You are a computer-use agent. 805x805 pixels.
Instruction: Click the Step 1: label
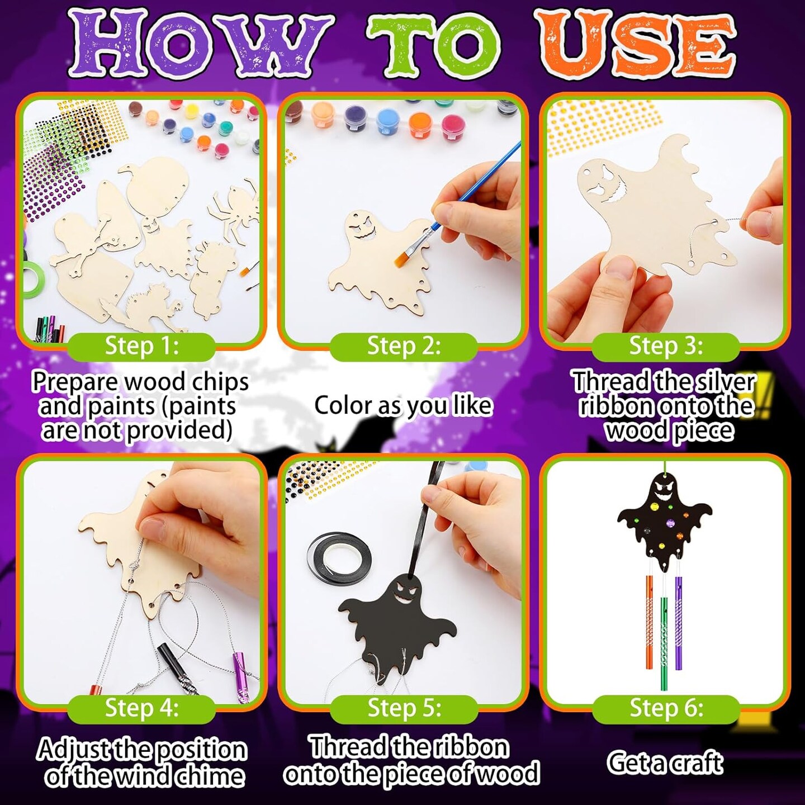pyautogui.click(x=141, y=346)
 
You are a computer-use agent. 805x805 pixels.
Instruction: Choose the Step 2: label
pyautogui.click(x=404, y=346)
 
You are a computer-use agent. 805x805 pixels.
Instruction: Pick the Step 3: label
pyautogui.click(x=666, y=346)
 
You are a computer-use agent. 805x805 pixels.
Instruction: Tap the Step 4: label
pyautogui.click(x=141, y=708)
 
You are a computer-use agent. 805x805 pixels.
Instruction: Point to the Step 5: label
pyautogui.click(x=404, y=708)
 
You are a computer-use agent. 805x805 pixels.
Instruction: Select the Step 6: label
pyautogui.click(x=666, y=708)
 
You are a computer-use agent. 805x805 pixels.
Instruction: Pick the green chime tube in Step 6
pyautogui.click(x=664, y=643)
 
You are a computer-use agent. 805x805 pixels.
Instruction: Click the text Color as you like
pyautogui.click(x=403, y=405)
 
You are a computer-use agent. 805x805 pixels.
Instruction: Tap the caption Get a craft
pyautogui.click(x=665, y=763)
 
